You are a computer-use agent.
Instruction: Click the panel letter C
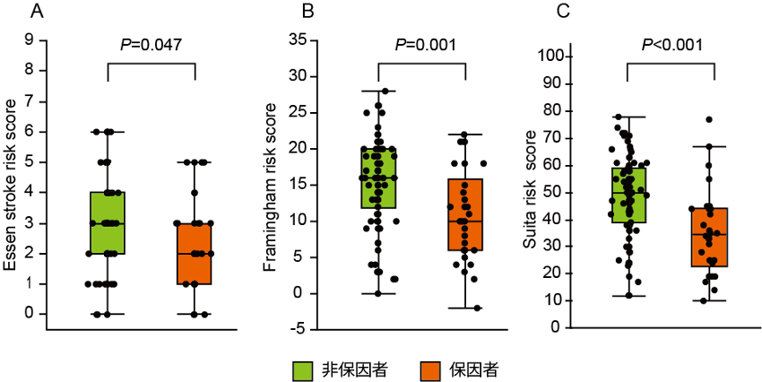(x=564, y=12)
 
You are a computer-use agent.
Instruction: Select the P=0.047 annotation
(x=151, y=45)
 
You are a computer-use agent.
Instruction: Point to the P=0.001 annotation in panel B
(x=423, y=45)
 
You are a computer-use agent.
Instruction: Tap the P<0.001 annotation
(x=671, y=45)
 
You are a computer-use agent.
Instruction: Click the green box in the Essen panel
(x=108, y=222)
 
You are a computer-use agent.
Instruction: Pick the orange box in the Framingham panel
(x=466, y=214)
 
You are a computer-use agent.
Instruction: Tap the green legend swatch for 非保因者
(x=302, y=369)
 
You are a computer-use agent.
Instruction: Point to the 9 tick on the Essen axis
(x=31, y=39)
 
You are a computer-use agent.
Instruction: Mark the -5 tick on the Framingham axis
(x=300, y=329)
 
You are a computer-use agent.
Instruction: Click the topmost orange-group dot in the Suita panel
(x=709, y=119)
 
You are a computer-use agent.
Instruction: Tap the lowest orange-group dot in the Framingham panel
(x=477, y=308)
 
